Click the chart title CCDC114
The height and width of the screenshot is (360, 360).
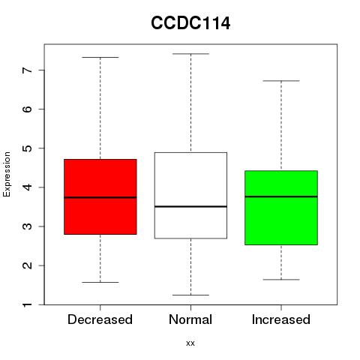[190, 23]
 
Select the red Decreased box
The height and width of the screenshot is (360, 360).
[100, 196]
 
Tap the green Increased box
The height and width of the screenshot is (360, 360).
[281, 208]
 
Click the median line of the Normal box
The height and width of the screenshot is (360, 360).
[190, 206]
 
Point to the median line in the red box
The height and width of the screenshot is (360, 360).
[100, 197]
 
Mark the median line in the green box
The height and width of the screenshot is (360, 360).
[281, 196]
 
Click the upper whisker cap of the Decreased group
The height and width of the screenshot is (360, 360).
[100, 57]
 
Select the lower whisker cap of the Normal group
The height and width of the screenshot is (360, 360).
[190, 295]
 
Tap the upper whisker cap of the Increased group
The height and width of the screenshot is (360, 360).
[281, 81]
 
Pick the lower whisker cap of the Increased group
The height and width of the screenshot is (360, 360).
[281, 280]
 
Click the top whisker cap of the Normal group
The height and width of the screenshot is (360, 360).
[190, 54]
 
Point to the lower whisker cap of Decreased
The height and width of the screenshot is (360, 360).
[100, 282]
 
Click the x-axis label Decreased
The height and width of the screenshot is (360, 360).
[100, 319]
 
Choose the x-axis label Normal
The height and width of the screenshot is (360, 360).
[190, 319]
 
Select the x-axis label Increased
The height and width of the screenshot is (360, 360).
[281, 319]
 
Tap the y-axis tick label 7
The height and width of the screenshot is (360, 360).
[28, 70]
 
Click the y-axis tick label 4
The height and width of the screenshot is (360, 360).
[28, 187]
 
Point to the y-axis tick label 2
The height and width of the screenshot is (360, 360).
[28, 265]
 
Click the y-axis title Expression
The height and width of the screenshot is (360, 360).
[7, 174]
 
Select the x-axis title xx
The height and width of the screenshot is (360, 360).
[190, 343]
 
